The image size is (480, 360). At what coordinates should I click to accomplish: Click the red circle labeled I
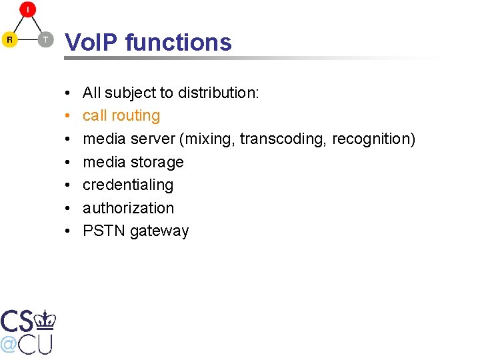(x=27, y=10)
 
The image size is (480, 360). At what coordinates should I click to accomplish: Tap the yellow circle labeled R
(x=9, y=40)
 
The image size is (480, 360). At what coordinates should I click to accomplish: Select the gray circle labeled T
(x=45, y=40)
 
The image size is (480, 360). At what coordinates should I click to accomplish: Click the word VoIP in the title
(x=92, y=43)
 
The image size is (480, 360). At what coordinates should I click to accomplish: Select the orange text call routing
(x=121, y=116)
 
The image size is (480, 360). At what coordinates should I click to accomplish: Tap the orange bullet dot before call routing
(x=69, y=117)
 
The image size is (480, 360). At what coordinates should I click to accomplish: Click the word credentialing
(x=128, y=185)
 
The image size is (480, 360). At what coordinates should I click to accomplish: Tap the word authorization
(x=128, y=208)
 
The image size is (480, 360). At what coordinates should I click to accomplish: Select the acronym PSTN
(x=104, y=231)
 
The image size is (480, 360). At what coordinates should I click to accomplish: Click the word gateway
(x=160, y=231)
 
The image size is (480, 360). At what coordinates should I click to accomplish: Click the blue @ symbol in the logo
(x=9, y=344)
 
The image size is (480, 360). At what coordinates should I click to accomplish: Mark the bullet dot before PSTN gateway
(x=69, y=231)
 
